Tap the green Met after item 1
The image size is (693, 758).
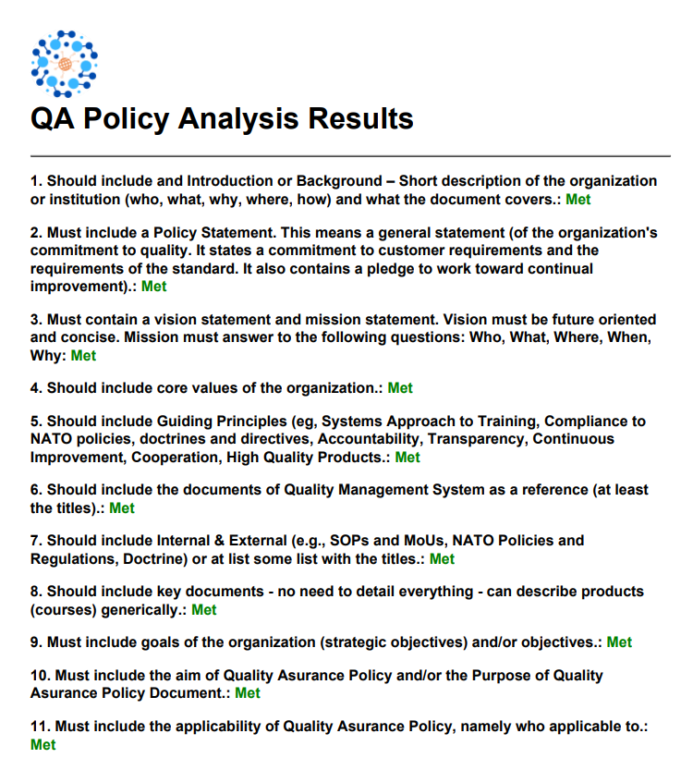click(x=578, y=199)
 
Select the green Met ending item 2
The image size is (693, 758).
click(x=154, y=287)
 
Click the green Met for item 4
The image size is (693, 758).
click(x=400, y=388)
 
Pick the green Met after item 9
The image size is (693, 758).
click(x=619, y=642)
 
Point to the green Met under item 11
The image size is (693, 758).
click(x=43, y=744)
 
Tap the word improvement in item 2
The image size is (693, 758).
click(x=79, y=287)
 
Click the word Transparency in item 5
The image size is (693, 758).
click(x=475, y=439)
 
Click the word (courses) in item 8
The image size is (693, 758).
click(x=65, y=609)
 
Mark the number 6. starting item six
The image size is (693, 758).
click(x=37, y=490)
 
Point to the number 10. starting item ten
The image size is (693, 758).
click(x=41, y=676)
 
